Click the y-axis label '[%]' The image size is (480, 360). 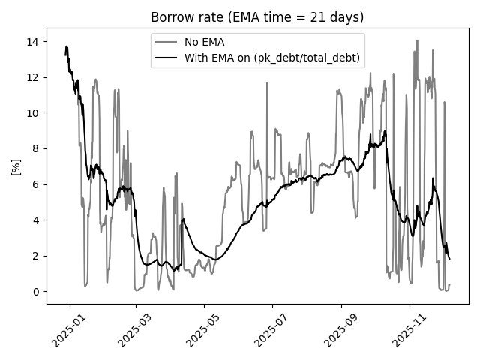(16, 166)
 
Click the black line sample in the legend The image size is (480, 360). (167, 57)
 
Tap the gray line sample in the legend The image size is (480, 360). (167, 42)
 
